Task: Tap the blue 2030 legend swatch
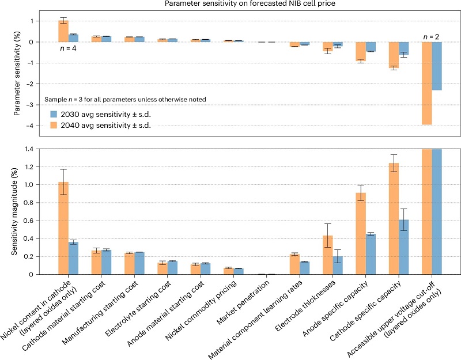pyautogui.click(x=55, y=113)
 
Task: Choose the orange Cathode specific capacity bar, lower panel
pyautogui.click(x=394, y=219)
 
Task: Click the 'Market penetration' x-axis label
pyautogui.click(x=247, y=302)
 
